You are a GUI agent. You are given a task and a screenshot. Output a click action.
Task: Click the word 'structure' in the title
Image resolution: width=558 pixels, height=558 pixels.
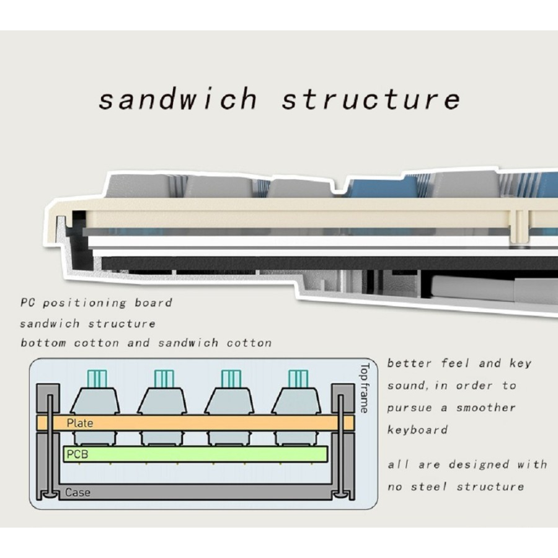click(x=371, y=99)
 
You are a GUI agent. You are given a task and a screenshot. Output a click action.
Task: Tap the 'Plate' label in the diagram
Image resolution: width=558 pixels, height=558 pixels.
click(x=80, y=423)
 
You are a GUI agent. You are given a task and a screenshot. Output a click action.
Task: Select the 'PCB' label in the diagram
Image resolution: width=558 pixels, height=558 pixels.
click(x=77, y=454)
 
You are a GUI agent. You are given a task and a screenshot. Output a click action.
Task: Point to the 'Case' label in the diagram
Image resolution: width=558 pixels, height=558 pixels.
click(x=77, y=493)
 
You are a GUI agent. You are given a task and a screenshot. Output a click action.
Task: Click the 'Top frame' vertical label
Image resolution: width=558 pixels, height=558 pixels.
click(x=364, y=387)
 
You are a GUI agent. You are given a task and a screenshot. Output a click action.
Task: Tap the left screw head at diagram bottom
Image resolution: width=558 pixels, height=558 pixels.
click(x=48, y=495)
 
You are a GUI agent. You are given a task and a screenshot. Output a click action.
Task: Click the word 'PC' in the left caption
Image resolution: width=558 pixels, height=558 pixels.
click(x=27, y=303)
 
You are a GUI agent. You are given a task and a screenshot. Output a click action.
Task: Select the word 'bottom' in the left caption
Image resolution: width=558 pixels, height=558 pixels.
click(x=43, y=343)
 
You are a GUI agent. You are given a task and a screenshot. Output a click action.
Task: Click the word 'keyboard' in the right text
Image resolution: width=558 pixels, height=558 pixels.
click(x=417, y=430)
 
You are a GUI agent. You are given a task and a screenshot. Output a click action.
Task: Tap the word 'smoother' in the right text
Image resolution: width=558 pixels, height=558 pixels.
click(x=486, y=407)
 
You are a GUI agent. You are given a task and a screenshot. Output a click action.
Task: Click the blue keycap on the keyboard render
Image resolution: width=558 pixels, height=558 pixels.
click(x=378, y=186)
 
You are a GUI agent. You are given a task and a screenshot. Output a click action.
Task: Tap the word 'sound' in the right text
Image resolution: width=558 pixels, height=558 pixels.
click(x=407, y=386)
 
